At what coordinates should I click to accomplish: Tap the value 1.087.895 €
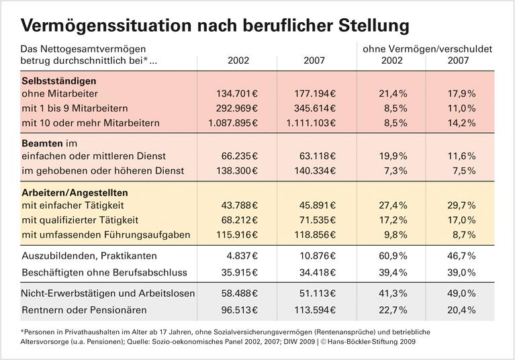click(x=230, y=123)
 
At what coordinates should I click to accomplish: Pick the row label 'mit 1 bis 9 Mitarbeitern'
click(x=75, y=108)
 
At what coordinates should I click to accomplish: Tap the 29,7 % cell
click(x=461, y=206)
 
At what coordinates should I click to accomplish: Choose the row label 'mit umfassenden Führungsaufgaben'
click(x=105, y=235)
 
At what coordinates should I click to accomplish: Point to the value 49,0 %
click(x=461, y=294)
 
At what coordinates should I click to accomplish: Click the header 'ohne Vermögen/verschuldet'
click(x=427, y=49)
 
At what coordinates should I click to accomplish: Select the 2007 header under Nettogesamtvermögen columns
click(x=312, y=60)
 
